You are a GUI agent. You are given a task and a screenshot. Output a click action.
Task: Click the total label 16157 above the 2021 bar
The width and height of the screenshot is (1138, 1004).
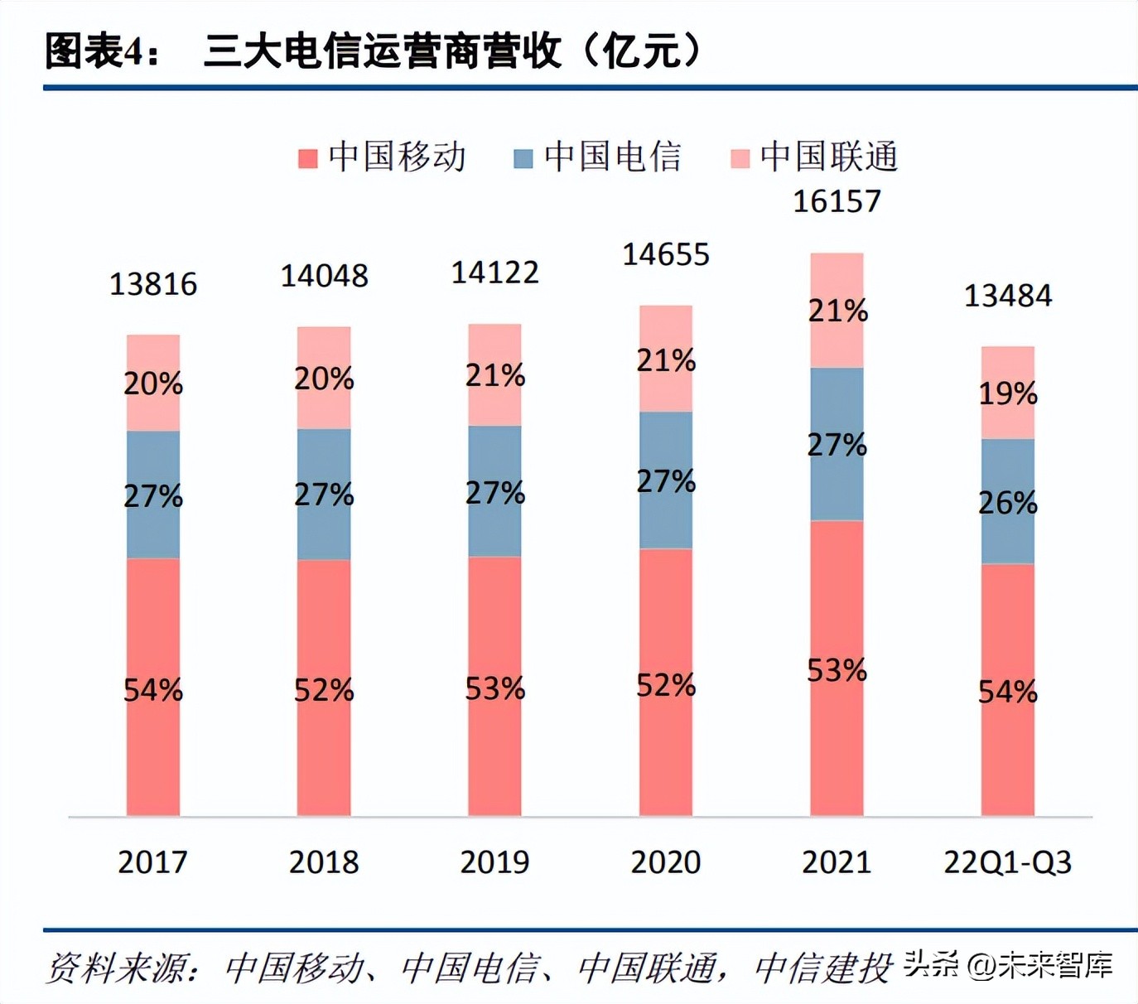click(837, 201)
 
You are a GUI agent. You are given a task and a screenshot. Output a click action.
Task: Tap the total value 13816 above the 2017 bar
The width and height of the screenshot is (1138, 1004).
click(153, 284)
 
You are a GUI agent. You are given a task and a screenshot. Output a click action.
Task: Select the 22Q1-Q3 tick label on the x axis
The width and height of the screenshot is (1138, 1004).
click(1007, 862)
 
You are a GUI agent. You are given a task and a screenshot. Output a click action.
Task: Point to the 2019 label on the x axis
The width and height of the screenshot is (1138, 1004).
click(494, 862)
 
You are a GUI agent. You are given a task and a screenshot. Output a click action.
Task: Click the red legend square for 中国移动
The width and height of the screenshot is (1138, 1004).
click(308, 158)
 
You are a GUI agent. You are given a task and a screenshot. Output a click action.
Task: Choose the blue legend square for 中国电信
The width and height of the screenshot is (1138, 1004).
click(523, 158)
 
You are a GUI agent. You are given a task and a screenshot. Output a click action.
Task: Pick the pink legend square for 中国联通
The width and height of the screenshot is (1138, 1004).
click(740, 158)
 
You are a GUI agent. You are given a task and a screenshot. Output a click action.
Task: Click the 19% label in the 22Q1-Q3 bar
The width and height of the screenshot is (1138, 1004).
click(1007, 393)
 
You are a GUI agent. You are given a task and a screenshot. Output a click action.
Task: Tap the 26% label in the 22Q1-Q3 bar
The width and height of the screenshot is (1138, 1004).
click(1007, 503)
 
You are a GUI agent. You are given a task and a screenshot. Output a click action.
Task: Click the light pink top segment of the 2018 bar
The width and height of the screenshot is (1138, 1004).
click(324, 348)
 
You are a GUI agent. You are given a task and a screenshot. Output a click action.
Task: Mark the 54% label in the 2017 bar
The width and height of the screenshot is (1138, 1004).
click(153, 690)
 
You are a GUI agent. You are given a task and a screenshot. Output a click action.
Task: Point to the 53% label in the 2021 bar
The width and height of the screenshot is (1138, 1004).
click(837, 670)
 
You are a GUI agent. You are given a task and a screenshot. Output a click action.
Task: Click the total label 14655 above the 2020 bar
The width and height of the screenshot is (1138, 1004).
click(666, 254)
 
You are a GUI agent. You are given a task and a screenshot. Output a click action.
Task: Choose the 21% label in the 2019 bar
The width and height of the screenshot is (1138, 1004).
click(494, 375)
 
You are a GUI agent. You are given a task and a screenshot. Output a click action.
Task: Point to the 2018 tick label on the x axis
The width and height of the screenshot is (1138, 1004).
click(324, 862)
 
